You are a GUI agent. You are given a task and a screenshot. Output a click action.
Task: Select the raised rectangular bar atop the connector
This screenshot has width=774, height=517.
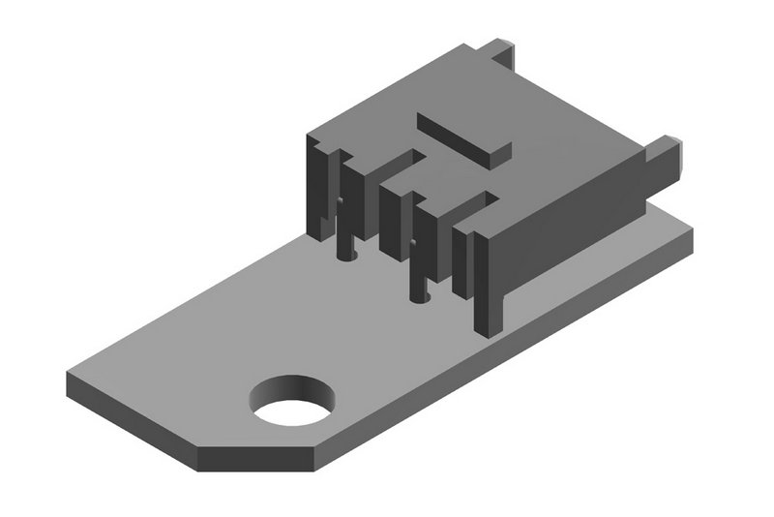462,137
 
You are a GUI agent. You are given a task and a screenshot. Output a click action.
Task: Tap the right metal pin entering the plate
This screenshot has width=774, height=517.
417,266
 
